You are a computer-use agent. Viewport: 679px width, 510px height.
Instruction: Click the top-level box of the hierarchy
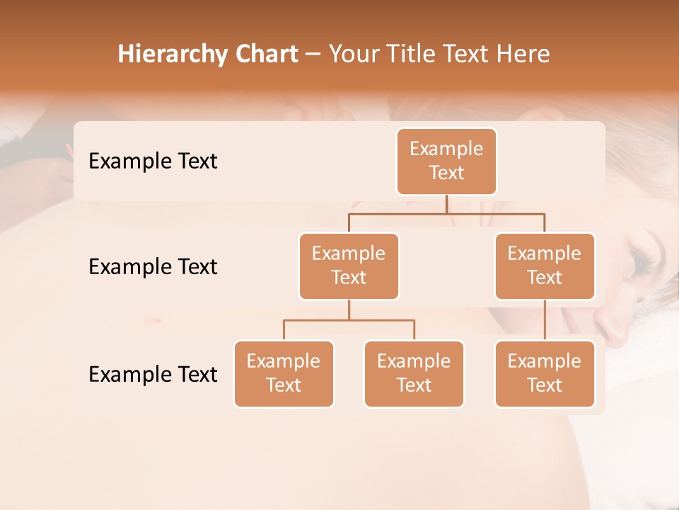pyautogui.click(x=446, y=161)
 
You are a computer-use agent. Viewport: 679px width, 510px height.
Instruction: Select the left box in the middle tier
pyautogui.click(x=349, y=266)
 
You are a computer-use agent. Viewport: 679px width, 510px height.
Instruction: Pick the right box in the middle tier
pyautogui.click(x=545, y=266)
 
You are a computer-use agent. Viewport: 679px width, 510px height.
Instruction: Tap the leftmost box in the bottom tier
pyautogui.click(x=284, y=373)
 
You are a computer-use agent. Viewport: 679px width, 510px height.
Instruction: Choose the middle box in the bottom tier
pyautogui.click(x=414, y=373)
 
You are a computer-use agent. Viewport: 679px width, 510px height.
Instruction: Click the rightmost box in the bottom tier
pyautogui.click(x=545, y=373)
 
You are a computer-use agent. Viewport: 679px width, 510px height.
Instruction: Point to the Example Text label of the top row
pyautogui.click(x=153, y=161)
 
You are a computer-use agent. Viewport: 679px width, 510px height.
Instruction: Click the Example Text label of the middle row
pyautogui.click(x=153, y=266)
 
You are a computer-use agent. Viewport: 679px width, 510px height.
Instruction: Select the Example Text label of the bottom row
pyautogui.click(x=153, y=374)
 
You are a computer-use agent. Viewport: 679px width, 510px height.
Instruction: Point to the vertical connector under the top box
pyautogui.click(x=446, y=204)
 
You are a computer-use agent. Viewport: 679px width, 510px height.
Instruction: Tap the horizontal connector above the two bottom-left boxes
pyautogui.click(x=349, y=320)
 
